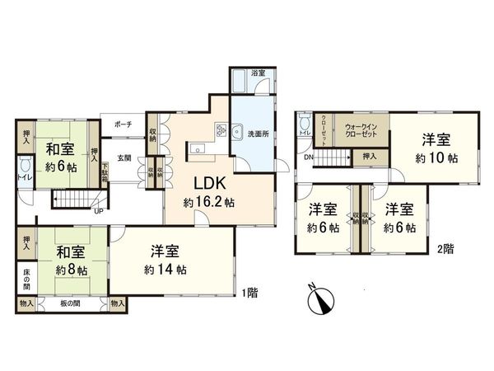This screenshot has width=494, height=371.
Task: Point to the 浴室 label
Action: [258, 73]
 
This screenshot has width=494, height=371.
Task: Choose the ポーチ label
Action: [123, 124]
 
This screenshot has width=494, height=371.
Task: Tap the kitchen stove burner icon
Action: [221, 130]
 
